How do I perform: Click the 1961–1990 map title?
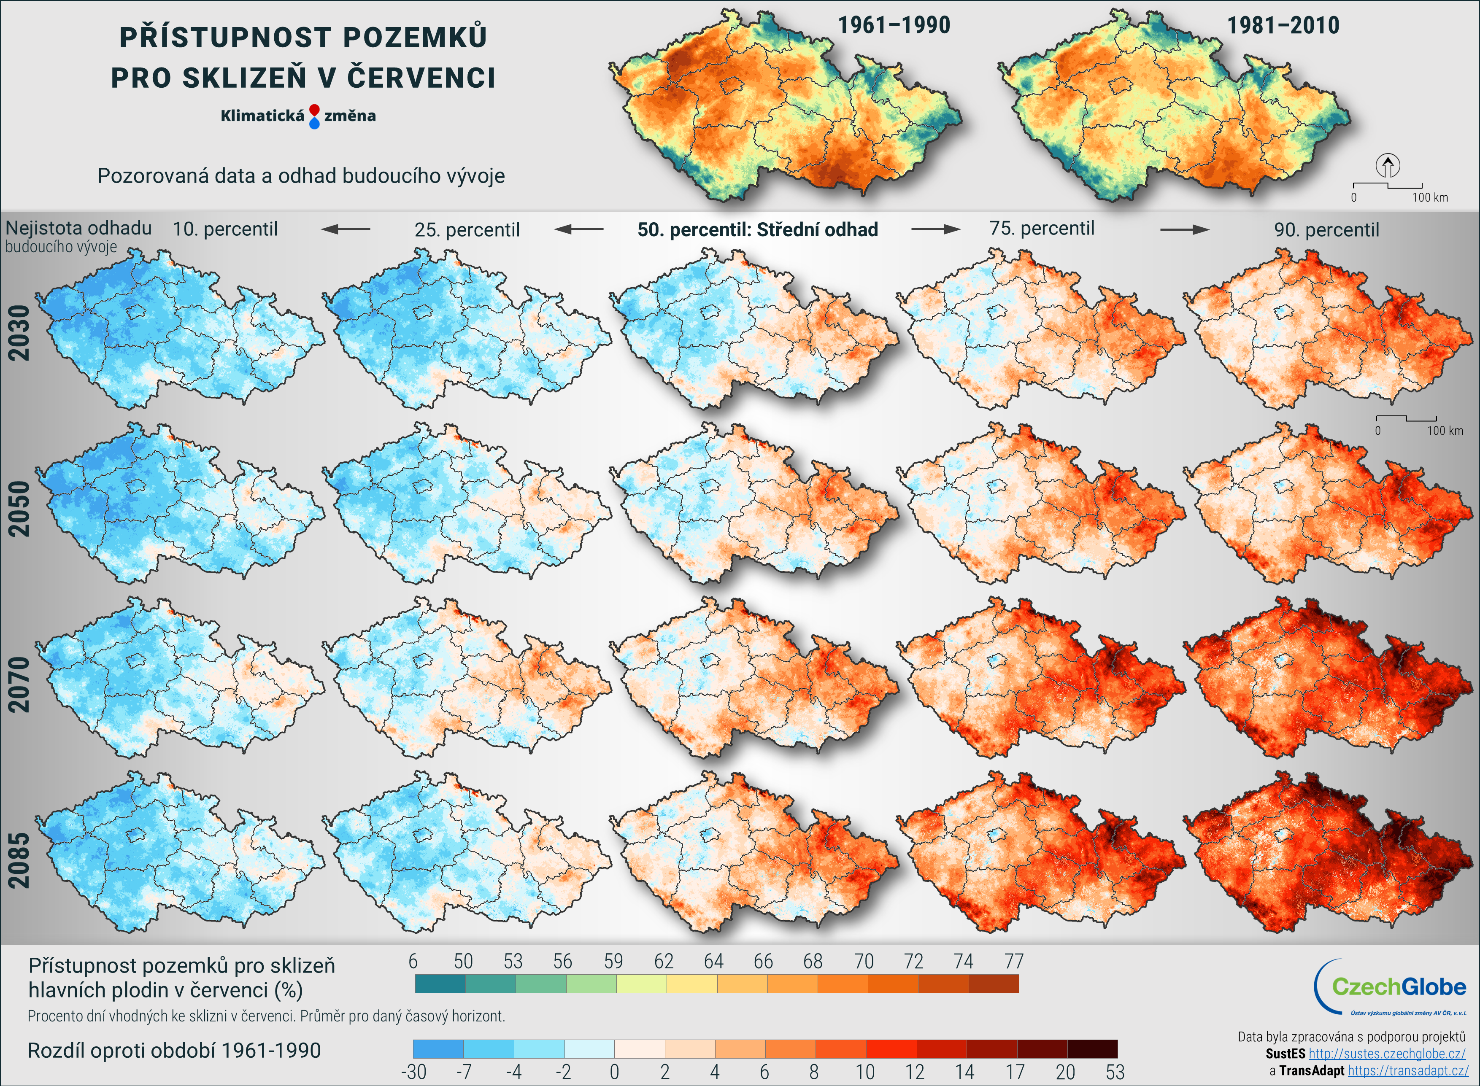(x=894, y=26)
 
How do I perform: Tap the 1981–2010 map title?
(x=1283, y=26)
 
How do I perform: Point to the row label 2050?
(x=19, y=509)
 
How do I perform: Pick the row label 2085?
(x=19, y=860)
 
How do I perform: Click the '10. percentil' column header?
(x=225, y=229)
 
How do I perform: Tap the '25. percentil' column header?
(x=467, y=230)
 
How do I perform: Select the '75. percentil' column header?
(x=1042, y=229)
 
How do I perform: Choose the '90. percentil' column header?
(x=1326, y=230)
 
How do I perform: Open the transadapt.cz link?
(x=1408, y=1070)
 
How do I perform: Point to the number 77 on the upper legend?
(x=1013, y=961)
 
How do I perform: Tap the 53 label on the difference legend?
(x=1115, y=1072)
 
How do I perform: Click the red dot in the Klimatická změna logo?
(x=314, y=110)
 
